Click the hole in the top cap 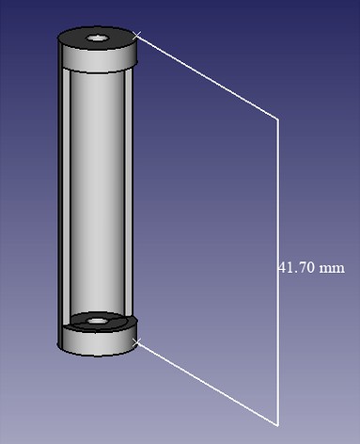click(x=97, y=39)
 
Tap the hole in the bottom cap click(x=97, y=321)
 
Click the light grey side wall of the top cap click(x=98, y=59)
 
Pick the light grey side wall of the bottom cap click(x=98, y=341)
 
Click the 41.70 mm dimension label click(x=312, y=268)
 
